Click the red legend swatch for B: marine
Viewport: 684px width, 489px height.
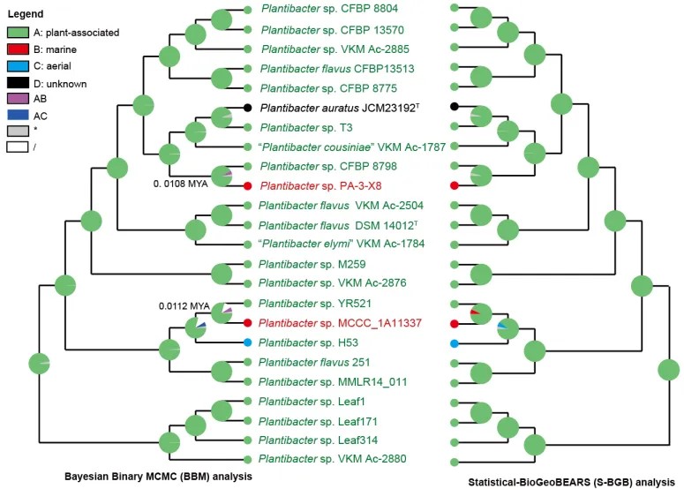point(20,49)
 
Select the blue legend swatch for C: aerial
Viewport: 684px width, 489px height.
point(20,66)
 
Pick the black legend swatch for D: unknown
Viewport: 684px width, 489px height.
point(20,83)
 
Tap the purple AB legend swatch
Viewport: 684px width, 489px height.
point(20,101)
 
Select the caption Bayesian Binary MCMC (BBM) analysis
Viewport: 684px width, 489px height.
point(158,477)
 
